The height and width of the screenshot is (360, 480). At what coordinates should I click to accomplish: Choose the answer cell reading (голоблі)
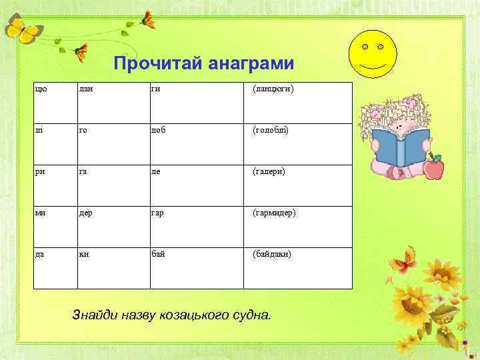[271, 131]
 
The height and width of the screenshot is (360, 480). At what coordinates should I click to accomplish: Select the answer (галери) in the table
[268, 171]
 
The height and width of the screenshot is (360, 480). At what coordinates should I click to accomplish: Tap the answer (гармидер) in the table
[274, 213]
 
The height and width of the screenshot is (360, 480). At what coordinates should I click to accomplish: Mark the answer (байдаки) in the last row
[271, 254]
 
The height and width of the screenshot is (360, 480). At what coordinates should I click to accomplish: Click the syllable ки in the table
[83, 254]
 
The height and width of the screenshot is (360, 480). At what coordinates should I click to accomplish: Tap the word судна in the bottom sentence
[250, 315]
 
